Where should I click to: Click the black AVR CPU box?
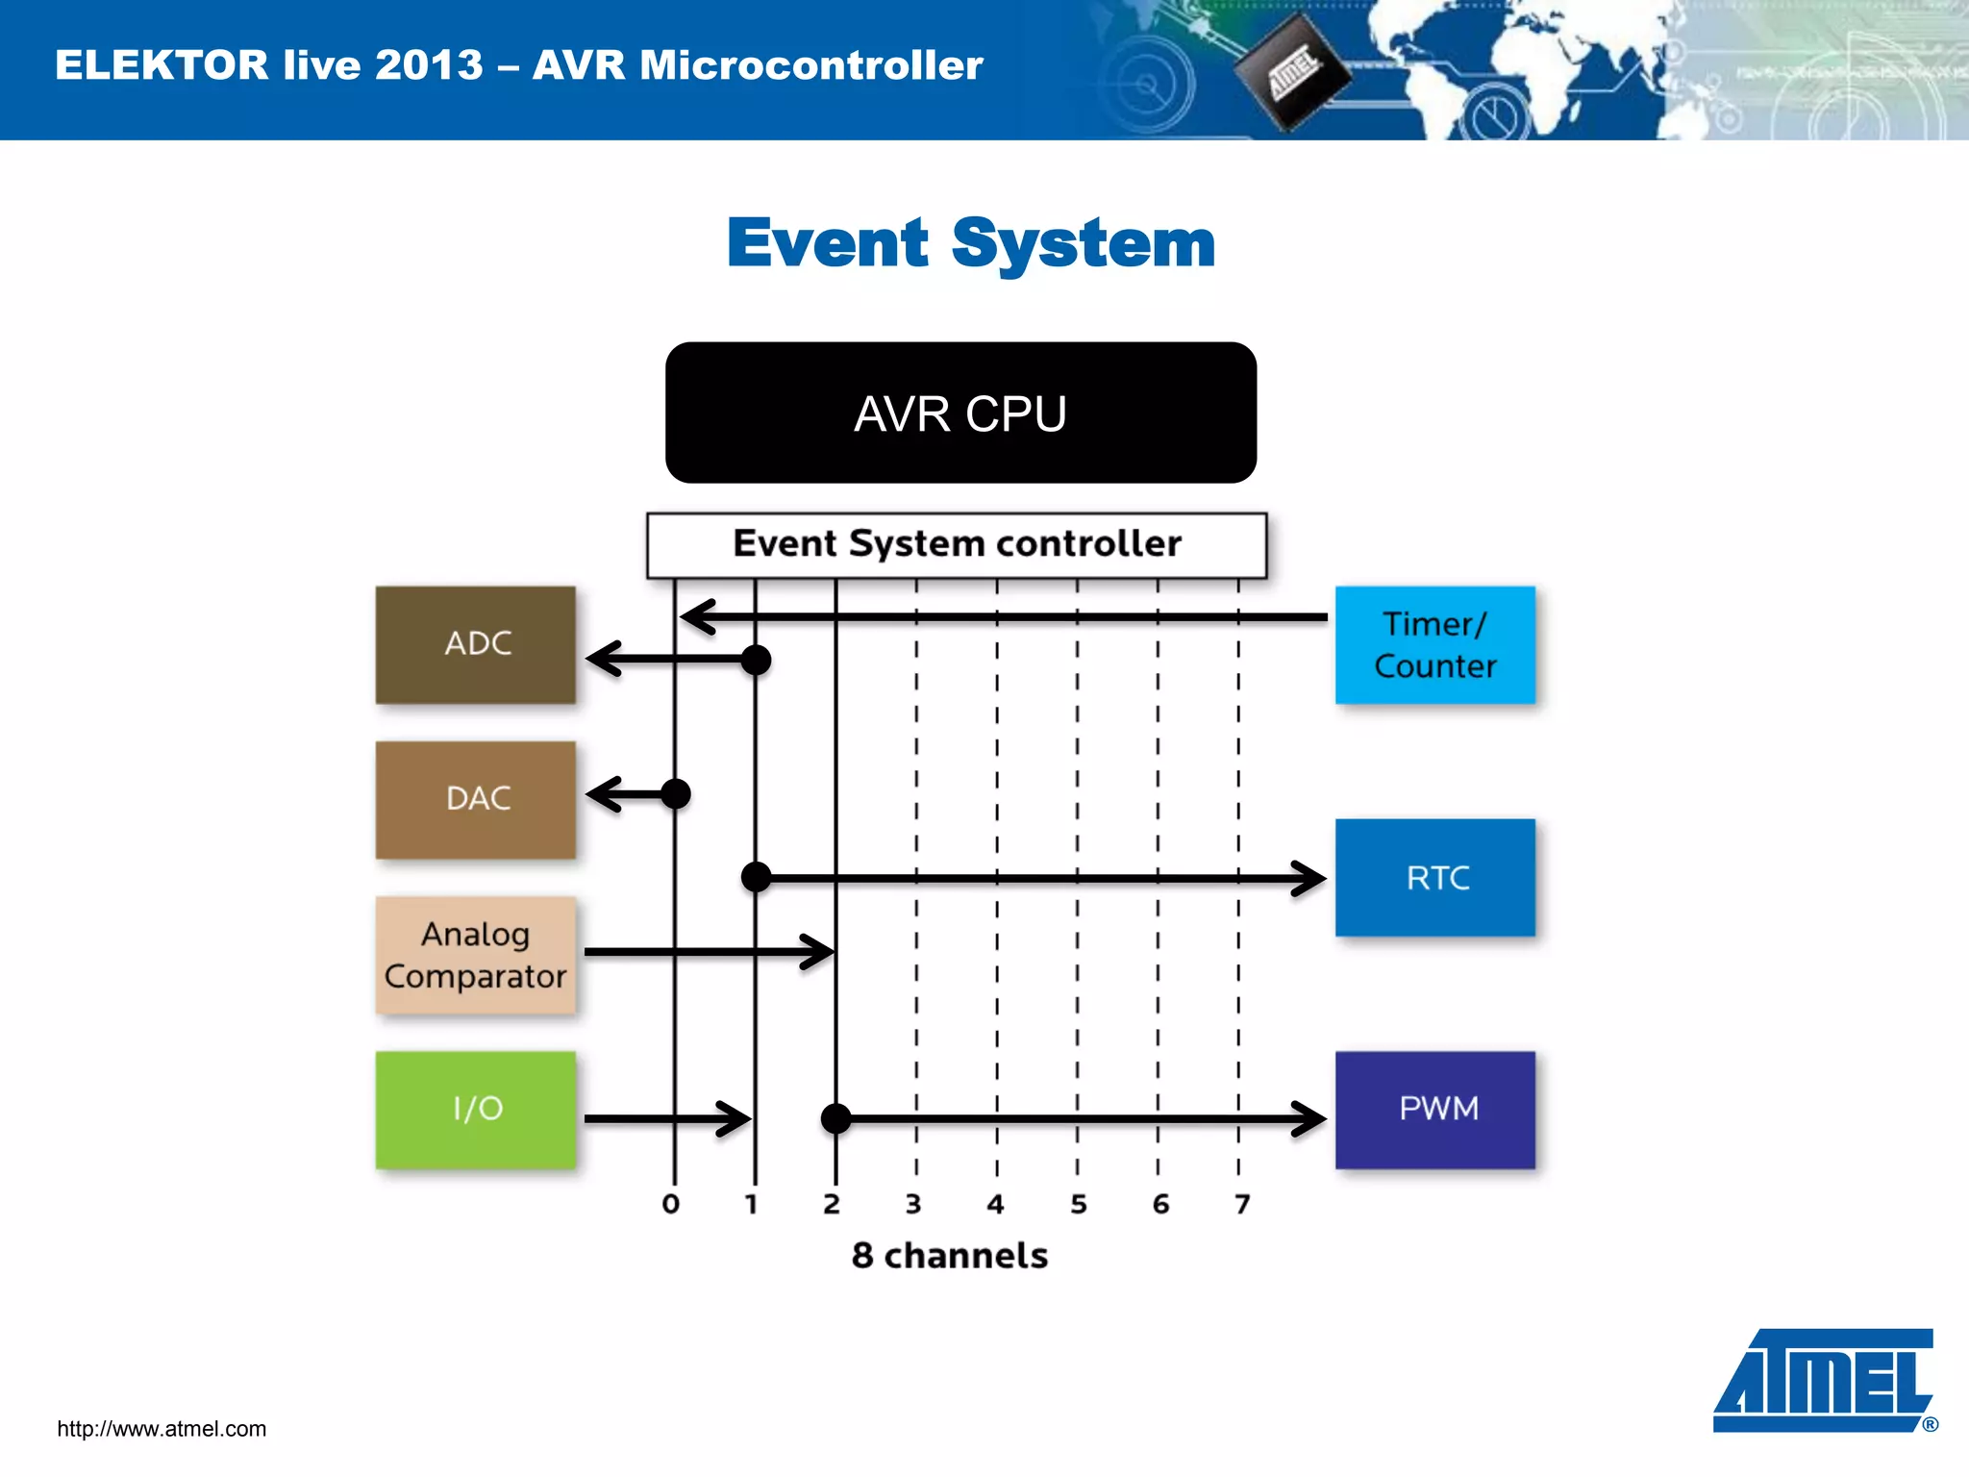[x=960, y=413]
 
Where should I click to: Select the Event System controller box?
[x=957, y=544]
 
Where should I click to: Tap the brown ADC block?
[x=476, y=644]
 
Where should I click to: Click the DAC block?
[x=476, y=799]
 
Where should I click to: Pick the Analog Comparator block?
[x=476, y=955]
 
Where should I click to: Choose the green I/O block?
[x=476, y=1110]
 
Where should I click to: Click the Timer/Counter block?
[x=1434, y=645]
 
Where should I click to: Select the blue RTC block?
[x=1434, y=877]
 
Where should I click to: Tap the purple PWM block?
[x=1434, y=1110]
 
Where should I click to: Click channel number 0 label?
[x=671, y=1204]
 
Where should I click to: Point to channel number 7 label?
[x=1242, y=1204]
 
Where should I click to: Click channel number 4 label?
[x=995, y=1204]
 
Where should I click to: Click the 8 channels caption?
[x=950, y=1256]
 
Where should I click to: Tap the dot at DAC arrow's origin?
[x=676, y=794]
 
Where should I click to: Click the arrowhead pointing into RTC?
[x=1309, y=878]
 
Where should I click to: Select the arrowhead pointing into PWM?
[x=1309, y=1118]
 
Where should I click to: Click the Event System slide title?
[x=971, y=243]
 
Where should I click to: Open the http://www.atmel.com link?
[x=162, y=1429]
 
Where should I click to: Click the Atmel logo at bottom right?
[x=1824, y=1381]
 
